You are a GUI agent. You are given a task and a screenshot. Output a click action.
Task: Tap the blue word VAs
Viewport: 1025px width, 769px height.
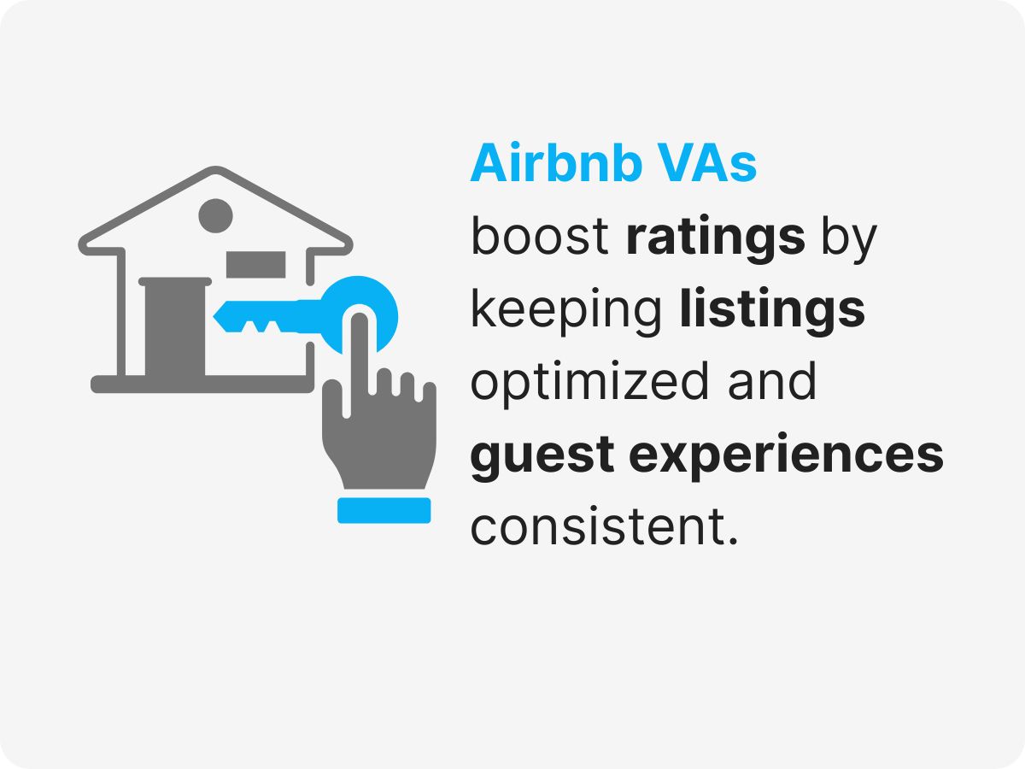click(706, 163)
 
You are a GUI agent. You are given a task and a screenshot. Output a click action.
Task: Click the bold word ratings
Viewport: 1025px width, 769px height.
click(716, 237)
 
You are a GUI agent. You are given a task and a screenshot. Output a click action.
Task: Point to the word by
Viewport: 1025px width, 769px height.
click(849, 238)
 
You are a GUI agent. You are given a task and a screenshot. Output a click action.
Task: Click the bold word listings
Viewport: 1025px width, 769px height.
click(773, 310)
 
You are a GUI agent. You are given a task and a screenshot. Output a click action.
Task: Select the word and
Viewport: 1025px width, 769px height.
click(772, 382)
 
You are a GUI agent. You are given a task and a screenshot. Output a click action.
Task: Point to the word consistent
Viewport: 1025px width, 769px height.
click(603, 528)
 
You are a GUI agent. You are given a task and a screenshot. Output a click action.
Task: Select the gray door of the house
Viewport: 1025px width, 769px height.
click(174, 329)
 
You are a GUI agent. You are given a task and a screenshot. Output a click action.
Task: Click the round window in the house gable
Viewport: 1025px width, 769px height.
click(215, 214)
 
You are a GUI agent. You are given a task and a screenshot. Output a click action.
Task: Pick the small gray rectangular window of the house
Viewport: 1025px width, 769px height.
click(255, 264)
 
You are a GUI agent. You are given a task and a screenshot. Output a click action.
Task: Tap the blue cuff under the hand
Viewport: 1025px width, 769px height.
click(384, 510)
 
